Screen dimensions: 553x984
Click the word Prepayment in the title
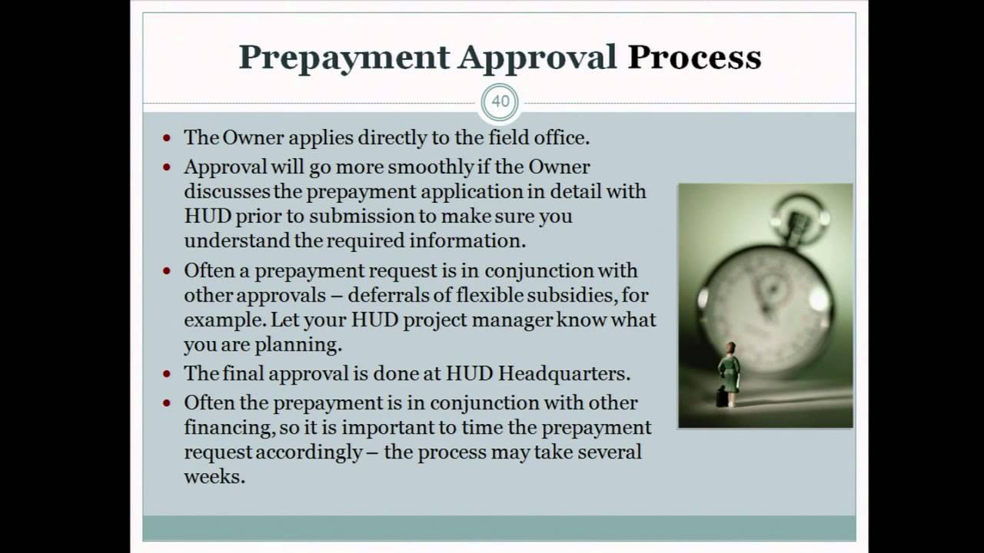[x=343, y=58]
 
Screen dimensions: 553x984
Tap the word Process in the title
[x=694, y=58]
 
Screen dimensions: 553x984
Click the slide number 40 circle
[x=500, y=102]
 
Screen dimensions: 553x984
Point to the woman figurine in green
[x=728, y=373]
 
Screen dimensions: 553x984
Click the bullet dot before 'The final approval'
[x=168, y=374]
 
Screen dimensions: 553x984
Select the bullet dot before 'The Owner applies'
[x=168, y=138]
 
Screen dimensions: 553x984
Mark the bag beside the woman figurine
[x=720, y=398]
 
